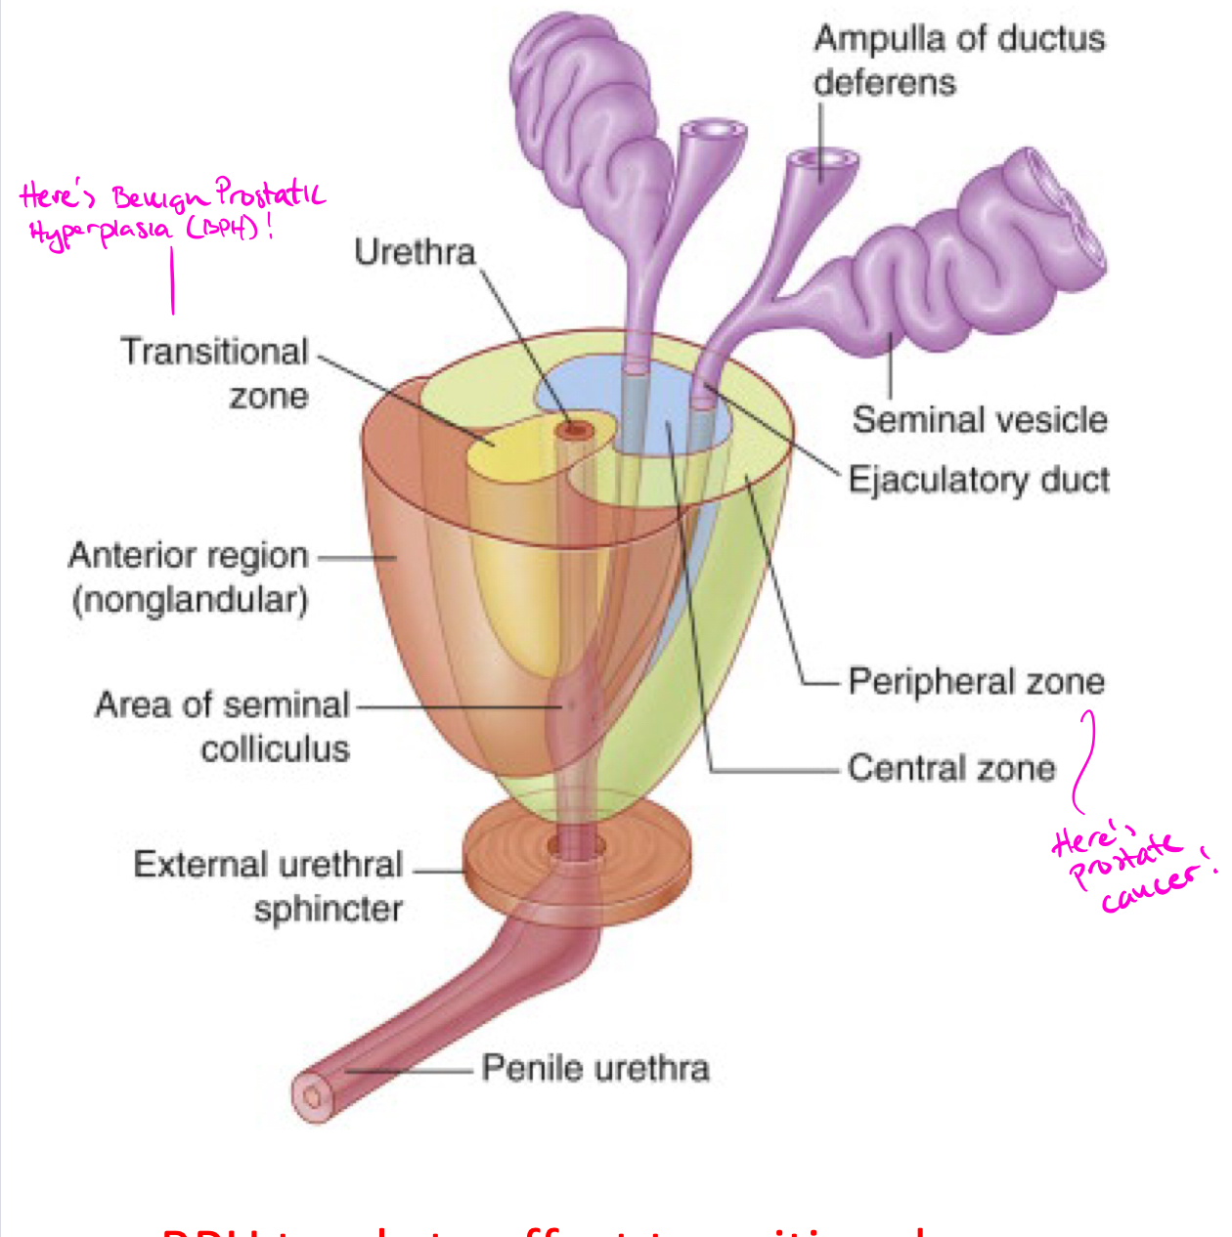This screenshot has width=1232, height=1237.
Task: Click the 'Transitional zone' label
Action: tap(215, 372)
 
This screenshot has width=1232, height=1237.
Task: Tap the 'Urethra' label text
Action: tap(415, 252)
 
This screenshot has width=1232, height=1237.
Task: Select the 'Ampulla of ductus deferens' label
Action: tap(958, 60)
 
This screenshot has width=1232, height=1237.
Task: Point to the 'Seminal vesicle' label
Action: tap(980, 419)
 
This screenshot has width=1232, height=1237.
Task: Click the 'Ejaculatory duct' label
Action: tap(979, 480)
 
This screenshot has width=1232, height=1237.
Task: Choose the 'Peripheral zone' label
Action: tap(976, 681)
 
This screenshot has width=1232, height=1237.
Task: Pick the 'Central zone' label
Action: tap(951, 768)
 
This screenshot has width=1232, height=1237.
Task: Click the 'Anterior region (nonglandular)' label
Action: tap(189, 576)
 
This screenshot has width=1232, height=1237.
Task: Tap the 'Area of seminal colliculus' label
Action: tap(223, 726)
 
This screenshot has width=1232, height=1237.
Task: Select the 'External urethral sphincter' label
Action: tap(269, 886)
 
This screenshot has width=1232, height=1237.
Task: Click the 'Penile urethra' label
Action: tap(594, 1068)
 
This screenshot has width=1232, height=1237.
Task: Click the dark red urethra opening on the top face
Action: tap(573, 430)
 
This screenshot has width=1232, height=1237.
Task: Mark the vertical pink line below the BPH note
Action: tap(173, 280)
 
